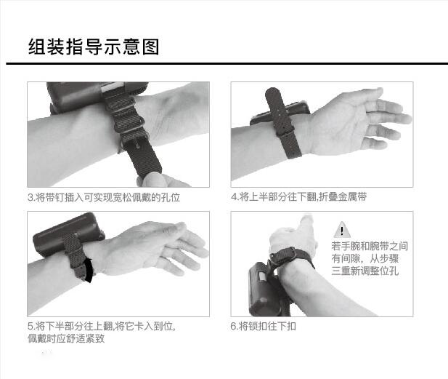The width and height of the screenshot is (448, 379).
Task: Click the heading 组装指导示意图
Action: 94,47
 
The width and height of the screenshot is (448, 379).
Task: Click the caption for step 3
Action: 104,197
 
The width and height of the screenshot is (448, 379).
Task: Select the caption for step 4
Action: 299,196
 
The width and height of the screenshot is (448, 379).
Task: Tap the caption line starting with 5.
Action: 102,326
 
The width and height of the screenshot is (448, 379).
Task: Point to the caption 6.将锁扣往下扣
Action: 263,326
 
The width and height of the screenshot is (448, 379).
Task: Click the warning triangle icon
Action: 342,230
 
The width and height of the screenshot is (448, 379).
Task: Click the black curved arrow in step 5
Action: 89,270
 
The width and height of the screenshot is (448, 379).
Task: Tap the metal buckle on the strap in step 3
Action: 136,143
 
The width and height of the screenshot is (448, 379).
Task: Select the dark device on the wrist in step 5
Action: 68,234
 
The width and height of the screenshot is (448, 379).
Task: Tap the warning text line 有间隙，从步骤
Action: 364,258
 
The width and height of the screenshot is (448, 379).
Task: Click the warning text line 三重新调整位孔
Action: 364,271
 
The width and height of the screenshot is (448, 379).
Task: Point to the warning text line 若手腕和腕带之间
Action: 370,246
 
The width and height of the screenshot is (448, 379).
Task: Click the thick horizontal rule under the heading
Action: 227,63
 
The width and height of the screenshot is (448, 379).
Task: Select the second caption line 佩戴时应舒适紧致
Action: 66,338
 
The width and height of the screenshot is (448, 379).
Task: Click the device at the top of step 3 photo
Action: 97,95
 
